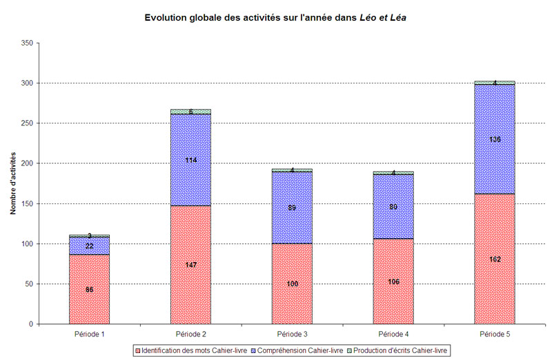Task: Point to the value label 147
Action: pos(190,264)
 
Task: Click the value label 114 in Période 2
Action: pos(190,161)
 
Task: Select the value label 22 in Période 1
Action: pos(89,246)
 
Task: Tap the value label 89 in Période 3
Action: pos(292,208)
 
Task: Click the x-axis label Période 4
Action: pos(393,334)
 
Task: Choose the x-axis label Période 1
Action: pos(89,334)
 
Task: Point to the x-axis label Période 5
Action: pos(494,334)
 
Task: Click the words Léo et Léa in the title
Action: pos(384,17)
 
